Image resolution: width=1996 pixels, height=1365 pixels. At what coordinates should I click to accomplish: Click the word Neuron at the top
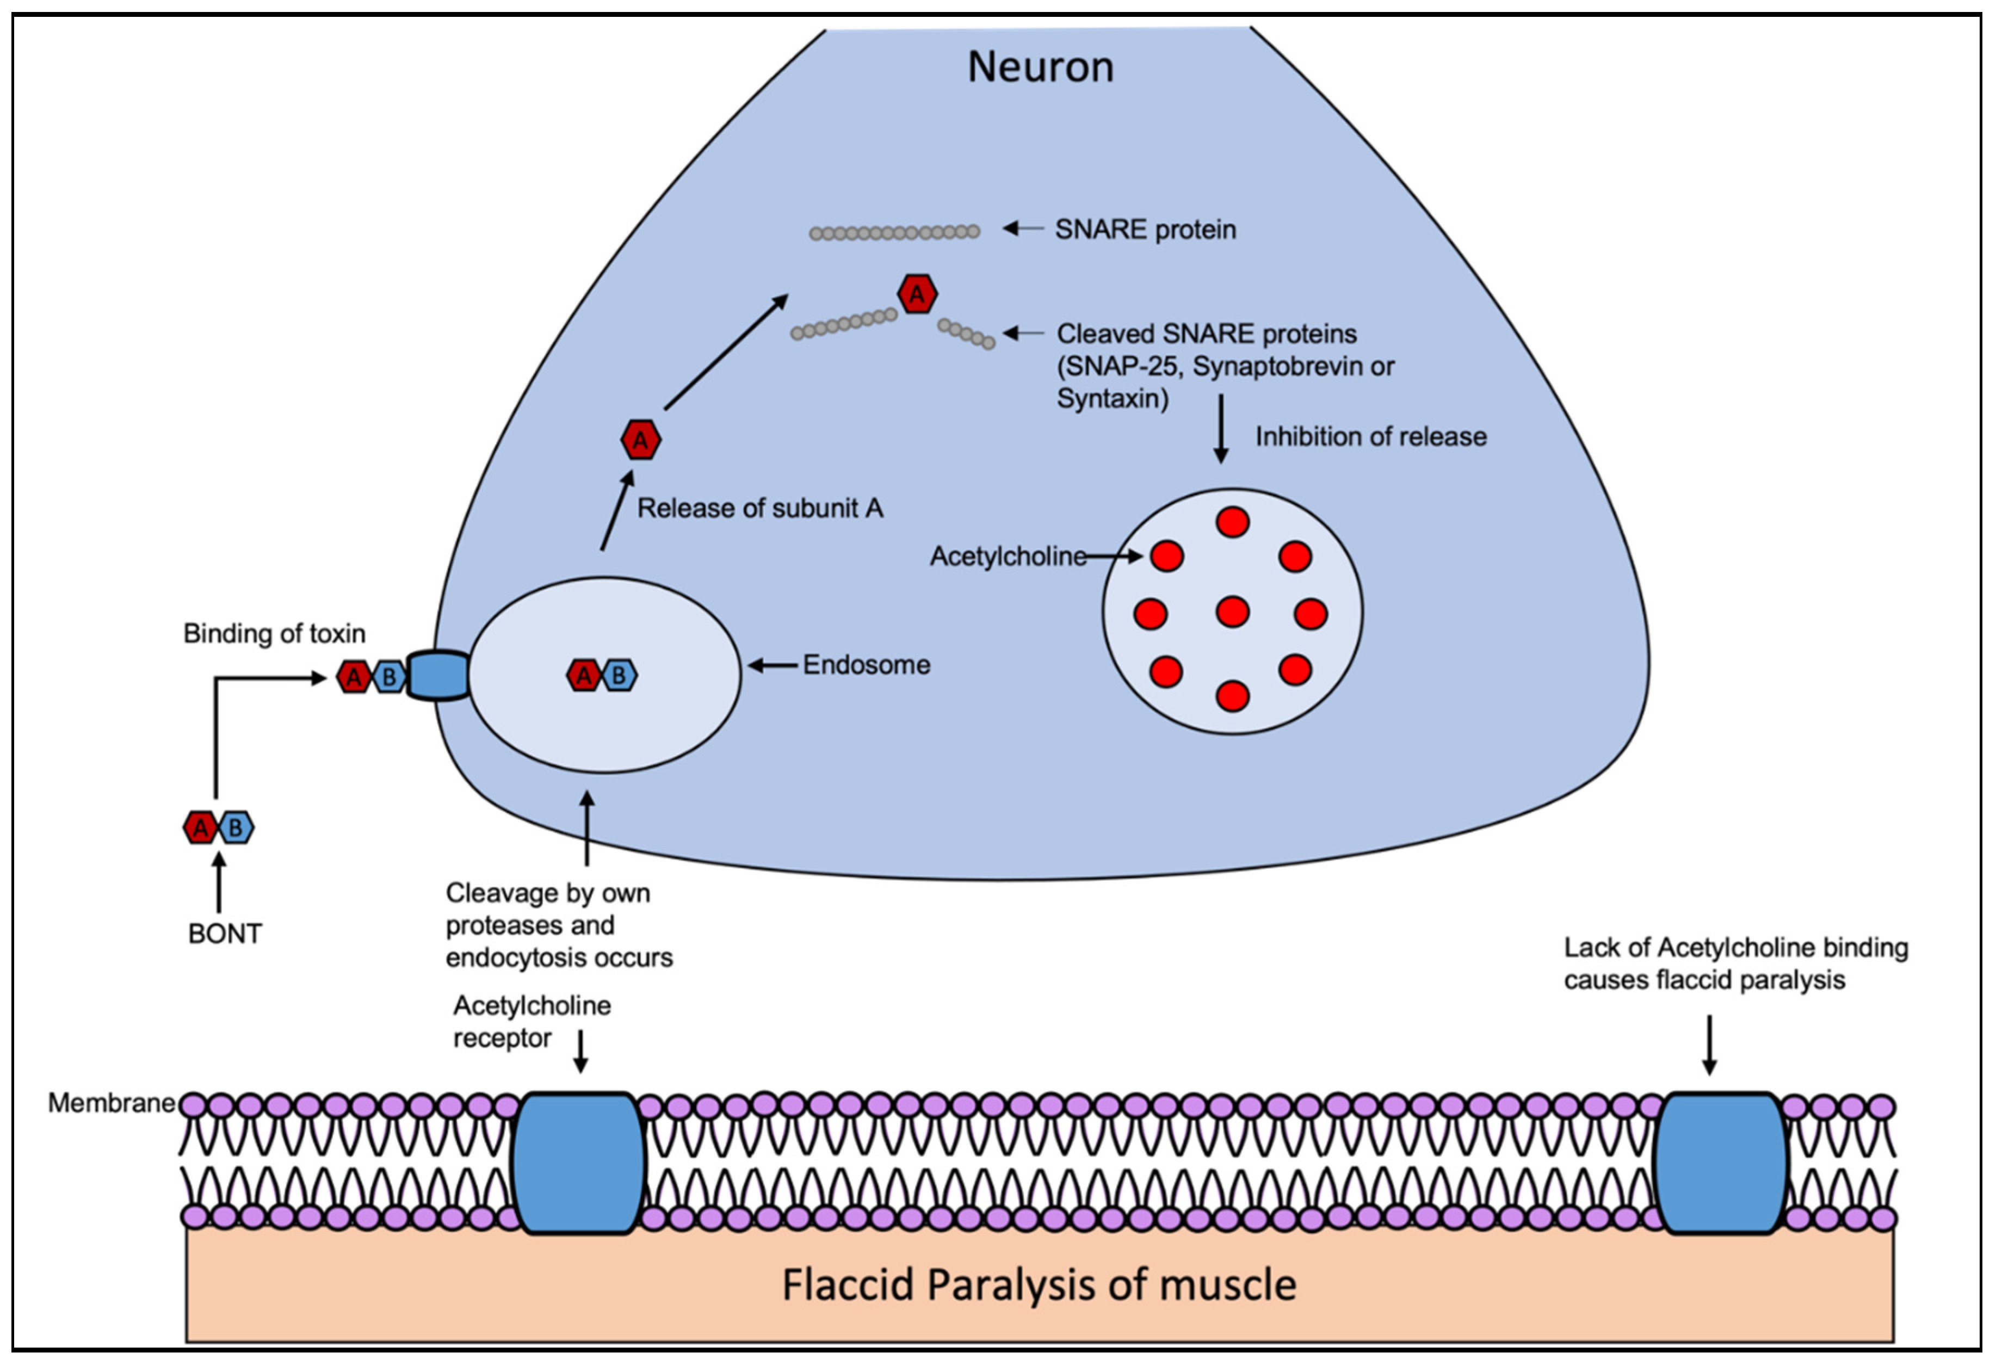coord(1040,67)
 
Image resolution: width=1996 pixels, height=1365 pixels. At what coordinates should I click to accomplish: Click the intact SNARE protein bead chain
coord(894,232)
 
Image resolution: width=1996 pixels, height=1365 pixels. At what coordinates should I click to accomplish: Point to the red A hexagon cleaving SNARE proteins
coord(917,295)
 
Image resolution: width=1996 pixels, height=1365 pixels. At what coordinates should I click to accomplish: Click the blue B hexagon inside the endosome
coord(619,676)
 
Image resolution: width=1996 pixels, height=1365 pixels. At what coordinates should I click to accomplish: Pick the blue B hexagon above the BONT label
coord(236,828)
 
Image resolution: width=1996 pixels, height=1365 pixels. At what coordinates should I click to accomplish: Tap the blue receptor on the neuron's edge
coord(438,676)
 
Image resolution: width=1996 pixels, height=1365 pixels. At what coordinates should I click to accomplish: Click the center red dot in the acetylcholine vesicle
coord(1232,613)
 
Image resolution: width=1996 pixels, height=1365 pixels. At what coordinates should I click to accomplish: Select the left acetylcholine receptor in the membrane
coord(578,1164)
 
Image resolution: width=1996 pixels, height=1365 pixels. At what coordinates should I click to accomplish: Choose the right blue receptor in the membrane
coord(1720,1164)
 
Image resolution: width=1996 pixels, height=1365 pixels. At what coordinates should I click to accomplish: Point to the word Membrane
coord(111,1103)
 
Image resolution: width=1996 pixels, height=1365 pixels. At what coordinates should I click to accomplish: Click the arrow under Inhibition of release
coord(1220,429)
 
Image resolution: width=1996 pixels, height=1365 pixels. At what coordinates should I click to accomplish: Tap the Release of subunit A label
coord(759,509)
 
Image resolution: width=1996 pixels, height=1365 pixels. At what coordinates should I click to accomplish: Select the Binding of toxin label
coord(274,634)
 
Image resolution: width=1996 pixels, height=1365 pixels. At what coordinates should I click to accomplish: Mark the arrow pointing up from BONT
coord(219,882)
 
